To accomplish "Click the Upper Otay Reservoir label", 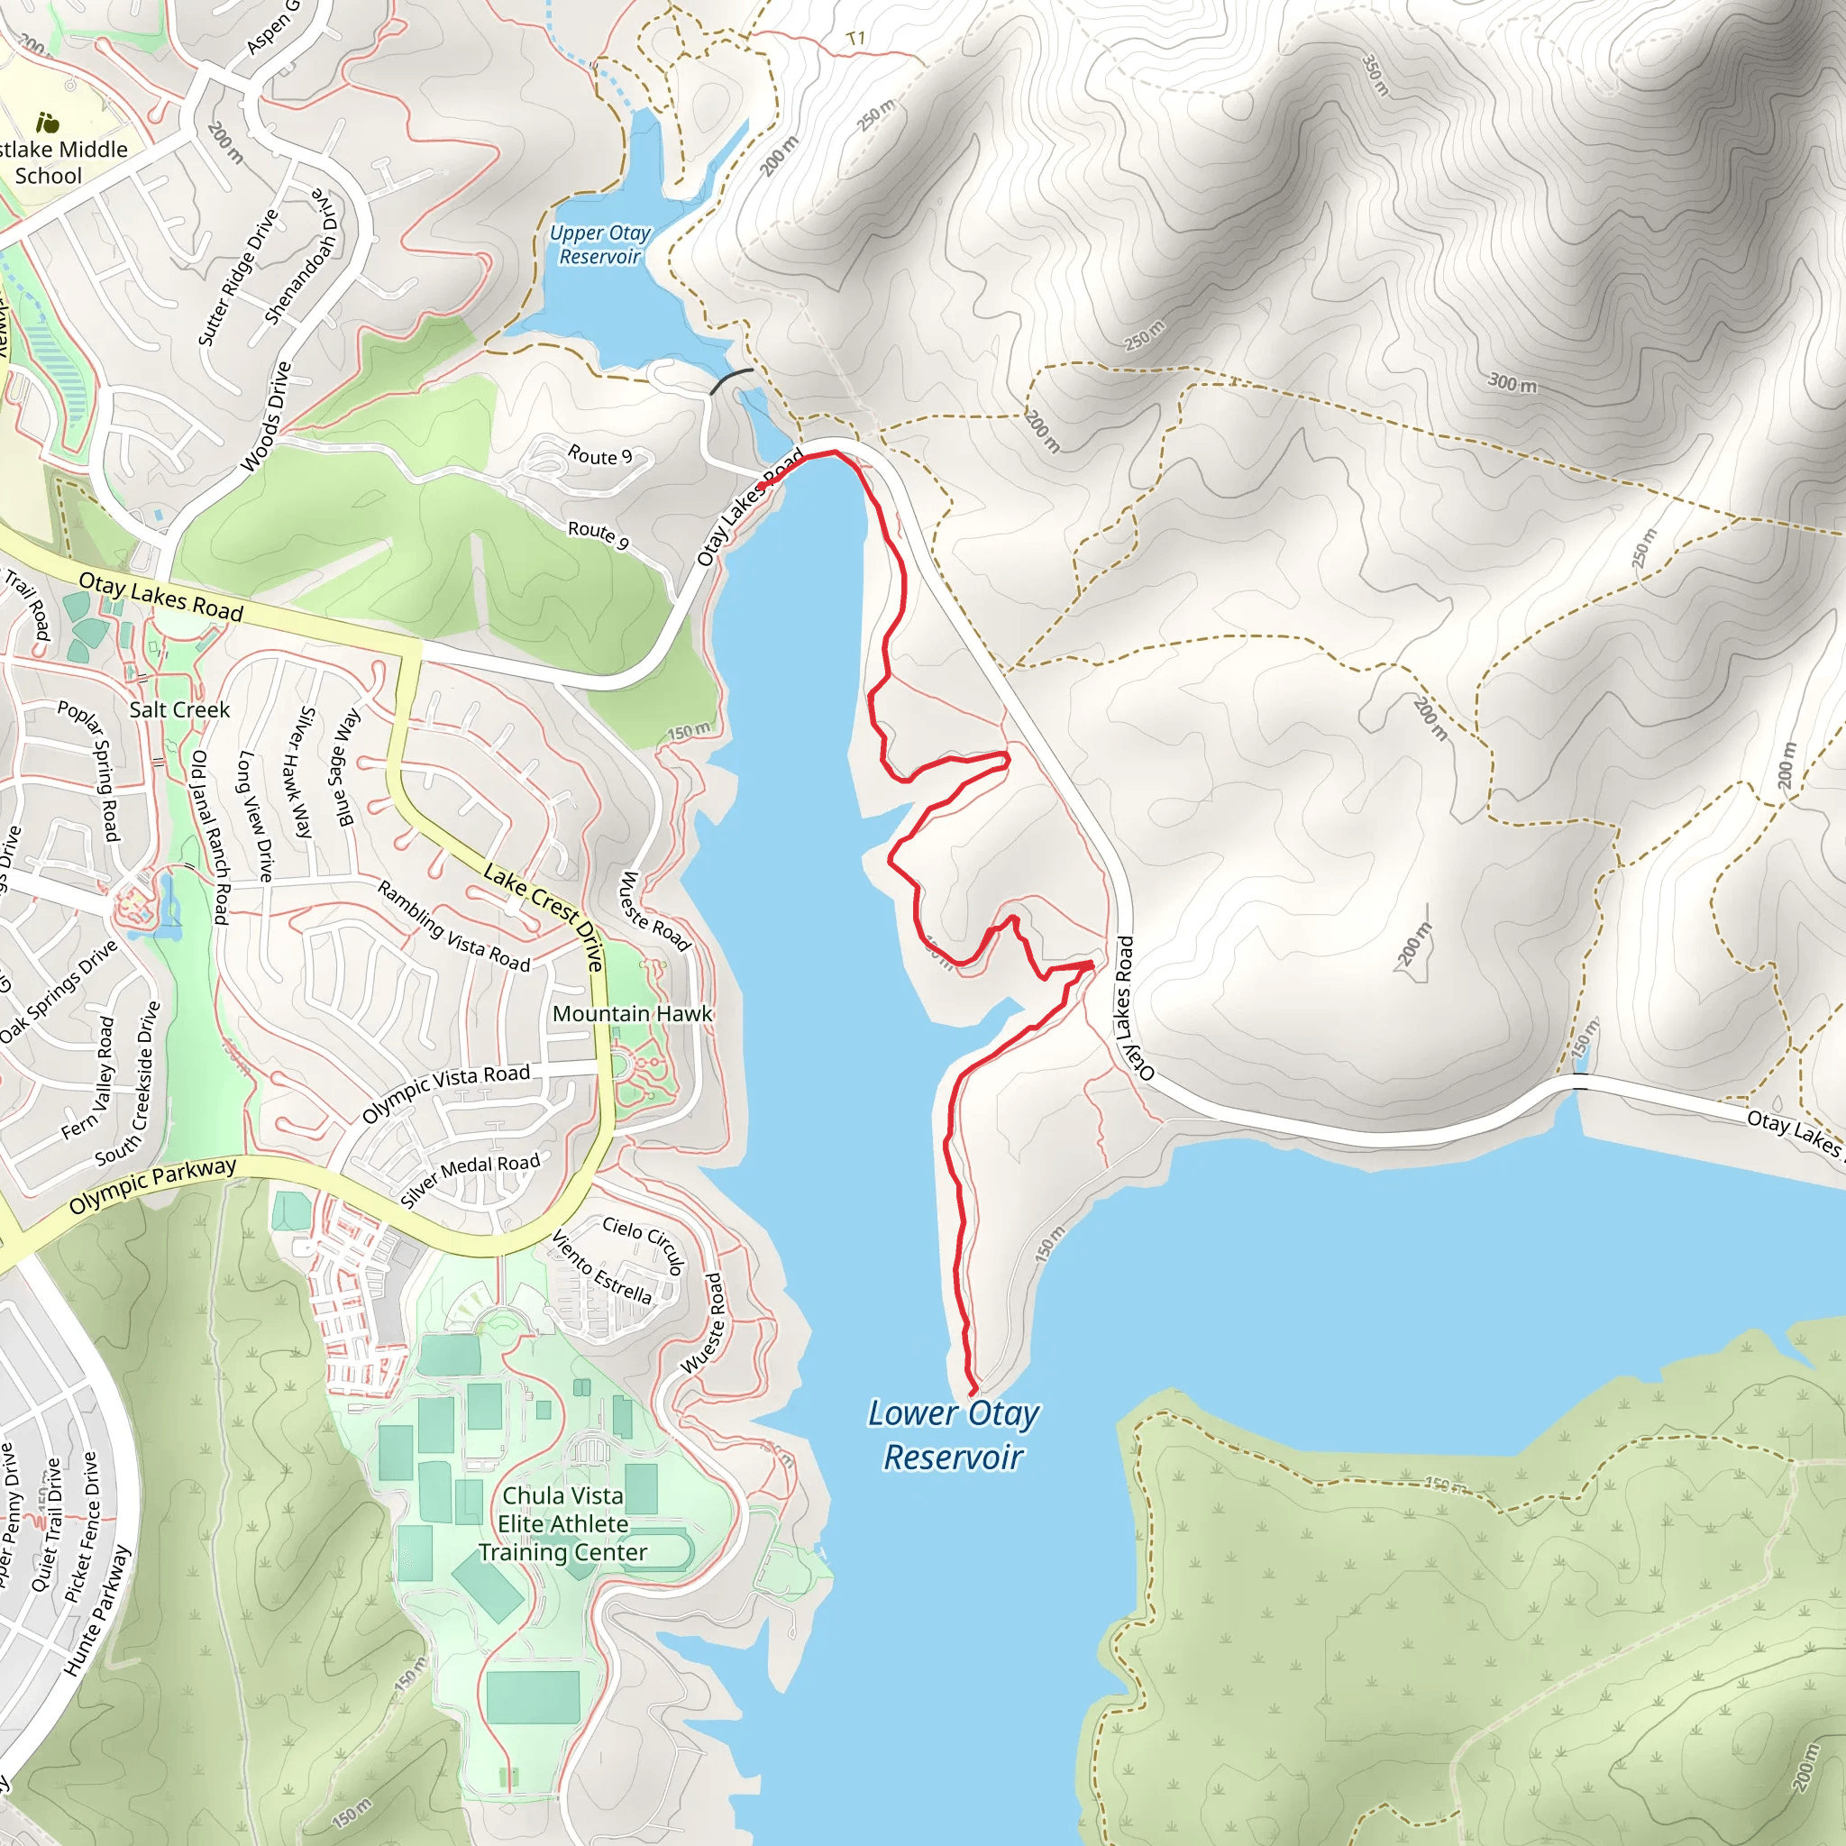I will pos(600,244).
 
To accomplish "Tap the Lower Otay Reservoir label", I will pos(953,1435).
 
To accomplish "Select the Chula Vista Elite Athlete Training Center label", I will pos(562,1523).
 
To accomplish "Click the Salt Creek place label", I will pos(179,710).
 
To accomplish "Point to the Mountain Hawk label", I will pos(632,1014).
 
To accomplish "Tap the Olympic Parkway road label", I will pos(153,1186).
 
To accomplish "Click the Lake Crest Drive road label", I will pos(544,917).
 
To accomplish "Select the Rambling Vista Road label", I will pos(454,926).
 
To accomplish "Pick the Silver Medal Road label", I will pos(471,1179).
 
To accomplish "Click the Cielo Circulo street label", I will pos(644,1245).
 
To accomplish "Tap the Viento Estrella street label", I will pos(602,1268).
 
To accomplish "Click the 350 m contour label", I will pos(1375,74).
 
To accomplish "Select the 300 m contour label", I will pos(1512,383).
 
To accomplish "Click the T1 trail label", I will pos(856,38).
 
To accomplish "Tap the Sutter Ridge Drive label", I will pos(238,277).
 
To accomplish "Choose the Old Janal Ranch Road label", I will pos(209,837).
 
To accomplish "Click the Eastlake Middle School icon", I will pos(47,123).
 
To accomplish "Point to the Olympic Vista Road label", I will pos(445,1092).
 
